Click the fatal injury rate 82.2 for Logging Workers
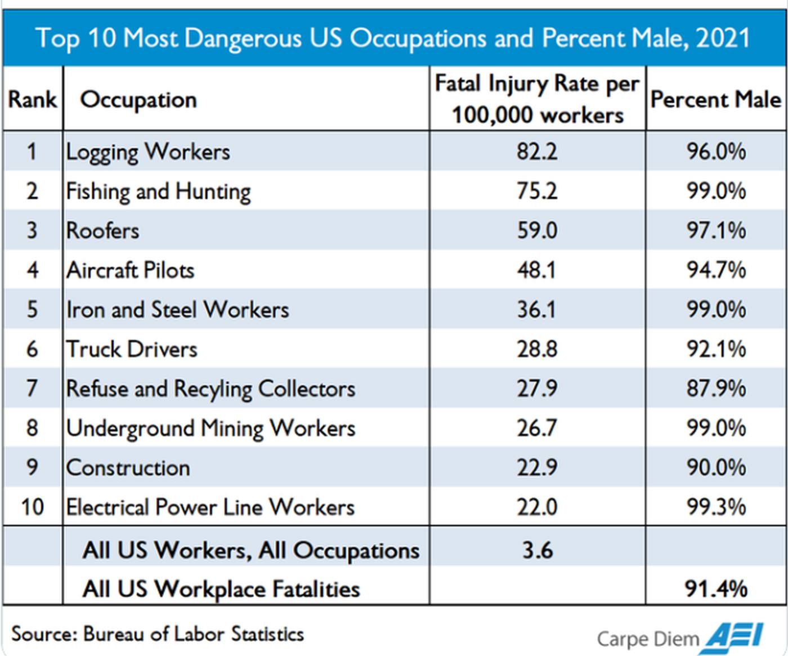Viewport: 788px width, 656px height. [x=537, y=152]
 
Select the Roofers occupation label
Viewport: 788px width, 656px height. [x=102, y=231]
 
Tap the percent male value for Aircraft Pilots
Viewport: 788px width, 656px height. [x=716, y=270]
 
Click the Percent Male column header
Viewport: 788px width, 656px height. [x=716, y=100]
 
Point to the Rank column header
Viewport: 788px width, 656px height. [x=32, y=100]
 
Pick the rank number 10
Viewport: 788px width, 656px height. [x=32, y=507]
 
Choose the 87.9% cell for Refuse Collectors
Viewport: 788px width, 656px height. [x=716, y=389]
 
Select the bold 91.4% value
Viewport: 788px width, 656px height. [x=716, y=588]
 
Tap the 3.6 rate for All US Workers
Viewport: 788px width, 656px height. [x=537, y=550]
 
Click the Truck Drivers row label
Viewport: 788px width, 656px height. [x=132, y=349]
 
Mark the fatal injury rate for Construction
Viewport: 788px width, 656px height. [x=537, y=467]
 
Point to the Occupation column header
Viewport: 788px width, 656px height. [x=138, y=100]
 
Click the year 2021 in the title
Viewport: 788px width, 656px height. [x=723, y=38]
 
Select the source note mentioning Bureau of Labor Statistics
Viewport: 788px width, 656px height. [x=158, y=634]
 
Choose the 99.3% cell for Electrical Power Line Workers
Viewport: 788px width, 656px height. [x=716, y=507]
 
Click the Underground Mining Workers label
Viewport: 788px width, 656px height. [x=211, y=428]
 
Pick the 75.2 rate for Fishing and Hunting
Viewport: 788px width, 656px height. [x=537, y=191]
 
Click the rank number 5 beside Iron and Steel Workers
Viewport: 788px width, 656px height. [x=32, y=310]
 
